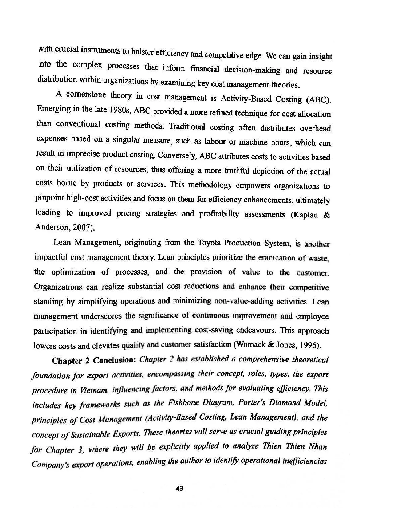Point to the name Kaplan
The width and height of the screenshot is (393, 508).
[x=306, y=215]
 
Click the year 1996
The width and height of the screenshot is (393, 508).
[x=310, y=345]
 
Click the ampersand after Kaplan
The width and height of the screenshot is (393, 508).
[x=327, y=215]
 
